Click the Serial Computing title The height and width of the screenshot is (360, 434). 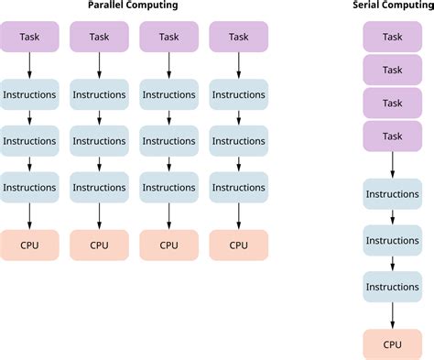392,7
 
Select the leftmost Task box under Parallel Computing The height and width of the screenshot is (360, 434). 30,37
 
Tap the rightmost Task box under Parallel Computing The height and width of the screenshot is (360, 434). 238,37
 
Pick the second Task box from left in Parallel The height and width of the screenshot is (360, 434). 99,37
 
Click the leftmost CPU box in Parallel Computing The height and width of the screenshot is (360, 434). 30,245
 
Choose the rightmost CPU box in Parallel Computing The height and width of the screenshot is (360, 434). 238,245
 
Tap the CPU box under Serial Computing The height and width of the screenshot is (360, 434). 392,344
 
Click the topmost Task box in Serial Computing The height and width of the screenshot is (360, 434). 392,37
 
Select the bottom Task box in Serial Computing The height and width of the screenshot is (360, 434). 392,136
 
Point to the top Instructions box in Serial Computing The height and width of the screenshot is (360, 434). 392,194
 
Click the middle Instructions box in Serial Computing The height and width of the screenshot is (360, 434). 392,240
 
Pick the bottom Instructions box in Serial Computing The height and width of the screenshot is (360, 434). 392,287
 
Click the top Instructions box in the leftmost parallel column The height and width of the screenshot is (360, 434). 30,94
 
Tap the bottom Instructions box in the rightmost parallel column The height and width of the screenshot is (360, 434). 238,187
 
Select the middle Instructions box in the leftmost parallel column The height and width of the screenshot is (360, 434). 30,141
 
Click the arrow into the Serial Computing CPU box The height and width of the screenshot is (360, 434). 392,315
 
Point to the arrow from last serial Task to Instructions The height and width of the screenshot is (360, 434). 392,165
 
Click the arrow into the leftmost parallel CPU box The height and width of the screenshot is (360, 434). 30,215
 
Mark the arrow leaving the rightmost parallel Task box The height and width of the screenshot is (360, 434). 238,65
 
